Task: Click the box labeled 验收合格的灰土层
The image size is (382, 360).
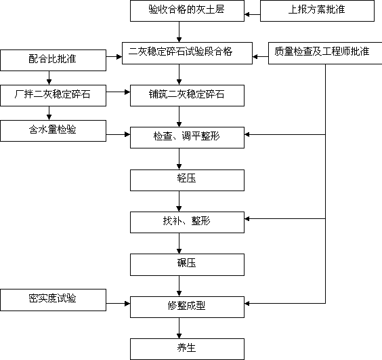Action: coord(187,11)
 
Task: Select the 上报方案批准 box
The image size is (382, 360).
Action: coord(317,11)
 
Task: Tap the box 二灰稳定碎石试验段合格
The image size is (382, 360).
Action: coord(187,53)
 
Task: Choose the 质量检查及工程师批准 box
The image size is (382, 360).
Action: coord(325,53)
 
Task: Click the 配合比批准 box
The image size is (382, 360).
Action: coord(53,60)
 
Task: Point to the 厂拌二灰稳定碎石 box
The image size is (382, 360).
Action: coord(53,96)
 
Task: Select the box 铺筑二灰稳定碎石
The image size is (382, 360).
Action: coord(187,96)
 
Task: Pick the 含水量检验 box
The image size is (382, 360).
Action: coord(53,130)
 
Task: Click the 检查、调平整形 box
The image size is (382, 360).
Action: coord(187,138)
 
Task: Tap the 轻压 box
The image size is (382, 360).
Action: coord(187,180)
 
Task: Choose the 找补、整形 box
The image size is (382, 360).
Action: coord(187,222)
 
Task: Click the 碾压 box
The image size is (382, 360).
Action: coord(187,264)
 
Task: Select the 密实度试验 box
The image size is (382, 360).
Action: coord(53,300)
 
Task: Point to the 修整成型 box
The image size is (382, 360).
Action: coord(187,307)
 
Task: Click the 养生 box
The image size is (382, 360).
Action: coord(187,349)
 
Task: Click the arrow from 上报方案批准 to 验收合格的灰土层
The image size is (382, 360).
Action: coord(253,15)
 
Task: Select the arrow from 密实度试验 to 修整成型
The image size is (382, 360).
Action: coord(118,304)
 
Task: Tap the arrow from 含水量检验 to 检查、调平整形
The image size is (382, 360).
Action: coord(118,134)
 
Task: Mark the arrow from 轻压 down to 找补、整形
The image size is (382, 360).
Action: coord(179,201)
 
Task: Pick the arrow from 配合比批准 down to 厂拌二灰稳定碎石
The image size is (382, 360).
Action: coord(49,78)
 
